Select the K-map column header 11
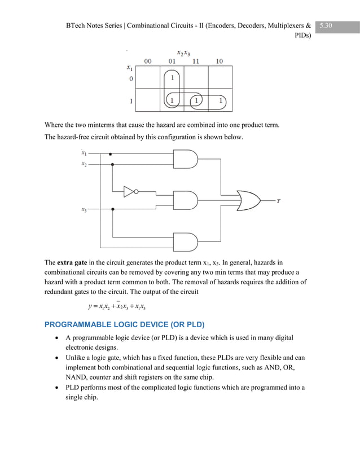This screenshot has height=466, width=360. point(196,61)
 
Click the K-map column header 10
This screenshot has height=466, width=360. point(220,61)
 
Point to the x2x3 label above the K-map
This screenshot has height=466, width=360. point(183,52)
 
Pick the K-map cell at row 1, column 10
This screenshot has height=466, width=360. point(221,100)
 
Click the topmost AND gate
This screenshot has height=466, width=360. point(187,159)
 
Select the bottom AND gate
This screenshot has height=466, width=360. point(187,243)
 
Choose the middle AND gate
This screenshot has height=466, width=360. point(187,200)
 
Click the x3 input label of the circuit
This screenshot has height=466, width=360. point(84,210)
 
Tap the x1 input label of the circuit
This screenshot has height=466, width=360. point(84,153)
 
